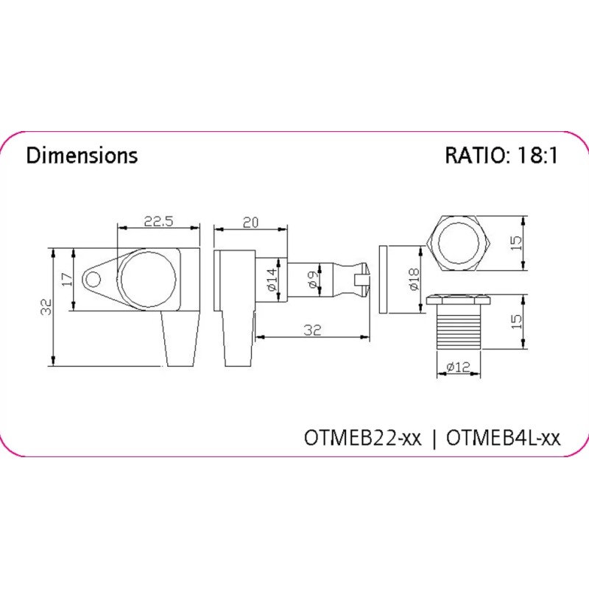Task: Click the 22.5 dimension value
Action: click(x=158, y=222)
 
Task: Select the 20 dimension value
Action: click(x=250, y=222)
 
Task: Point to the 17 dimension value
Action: click(x=67, y=280)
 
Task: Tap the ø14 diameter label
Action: click(x=272, y=280)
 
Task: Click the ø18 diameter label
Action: click(x=414, y=279)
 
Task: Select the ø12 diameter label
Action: click(x=458, y=366)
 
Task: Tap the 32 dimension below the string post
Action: click(x=312, y=330)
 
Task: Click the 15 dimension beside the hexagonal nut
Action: click(x=517, y=243)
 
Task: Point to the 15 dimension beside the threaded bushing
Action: click(x=517, y=322)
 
